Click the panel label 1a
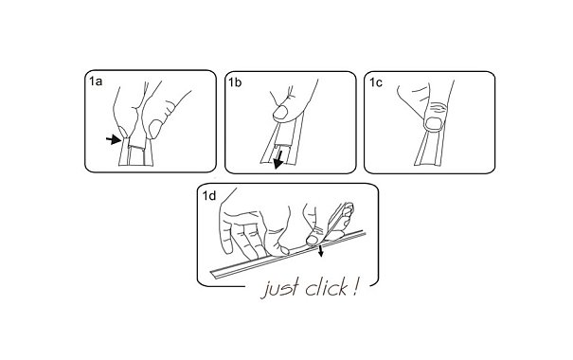click(96, 81)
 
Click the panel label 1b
click(235, 82)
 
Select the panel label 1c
click(376, 82)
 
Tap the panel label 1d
click(209, 196)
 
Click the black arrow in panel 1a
click(114, 139)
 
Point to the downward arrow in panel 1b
click(278, 160)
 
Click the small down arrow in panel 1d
click(321, 251)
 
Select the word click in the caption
click(327, 288)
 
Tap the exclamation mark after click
click(354, 287)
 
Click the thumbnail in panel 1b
click(280, 112)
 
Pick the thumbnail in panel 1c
click(435, 124)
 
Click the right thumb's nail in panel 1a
click(155, 129)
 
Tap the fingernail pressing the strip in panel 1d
click(313, 240)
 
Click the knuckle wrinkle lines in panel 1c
click(438, 108)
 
